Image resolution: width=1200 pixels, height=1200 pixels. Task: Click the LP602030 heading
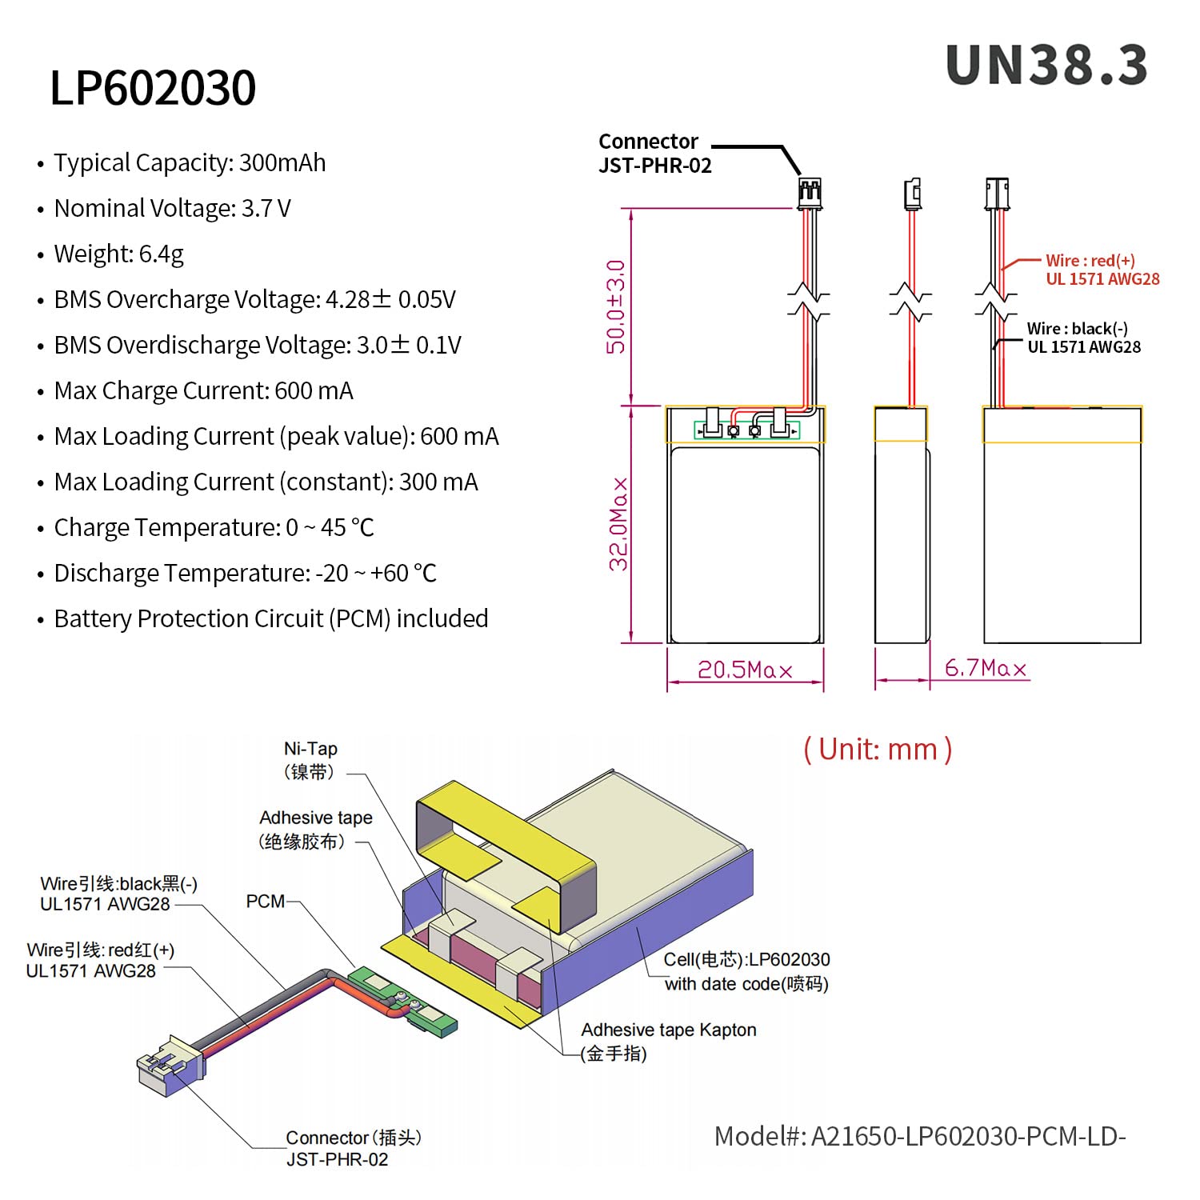pos(153,87)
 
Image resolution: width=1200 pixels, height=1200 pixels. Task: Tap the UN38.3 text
pos(1046,65)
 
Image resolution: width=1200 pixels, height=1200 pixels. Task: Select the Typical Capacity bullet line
pos(182,163)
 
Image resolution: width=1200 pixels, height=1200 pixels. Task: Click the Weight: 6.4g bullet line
pos(111,254)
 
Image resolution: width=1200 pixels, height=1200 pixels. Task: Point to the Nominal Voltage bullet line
pos(165,209)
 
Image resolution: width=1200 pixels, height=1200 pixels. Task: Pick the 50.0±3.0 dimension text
pos(615,306)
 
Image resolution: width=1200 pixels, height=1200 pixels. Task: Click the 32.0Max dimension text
pos(618,525)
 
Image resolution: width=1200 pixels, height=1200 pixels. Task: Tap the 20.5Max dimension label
pos(745,670)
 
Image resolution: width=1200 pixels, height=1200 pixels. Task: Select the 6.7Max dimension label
pos(986,668)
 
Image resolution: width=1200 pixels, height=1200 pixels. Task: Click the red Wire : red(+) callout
pos(1102,270)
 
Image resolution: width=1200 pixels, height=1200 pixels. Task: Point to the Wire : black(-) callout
pos(1084,338)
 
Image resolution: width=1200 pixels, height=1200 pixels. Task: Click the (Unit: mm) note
pos(878,750)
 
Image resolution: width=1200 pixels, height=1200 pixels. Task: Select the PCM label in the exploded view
pos(265,902)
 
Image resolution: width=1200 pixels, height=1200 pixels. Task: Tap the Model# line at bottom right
pos(920,1136)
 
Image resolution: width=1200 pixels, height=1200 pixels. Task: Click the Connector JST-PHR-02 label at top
pos(655,154)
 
